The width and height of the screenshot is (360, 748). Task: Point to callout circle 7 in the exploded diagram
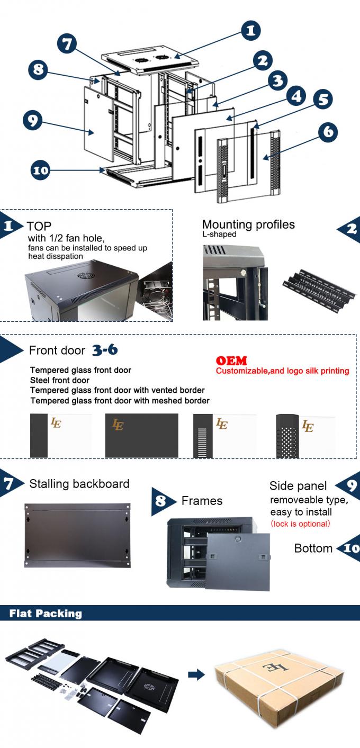click(x=67, y=44)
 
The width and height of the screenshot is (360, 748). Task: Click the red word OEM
click(x=231, y=361)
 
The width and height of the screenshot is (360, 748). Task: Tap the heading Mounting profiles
click(x=248, y=224)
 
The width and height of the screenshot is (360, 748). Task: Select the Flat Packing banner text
click(x=46, y=614)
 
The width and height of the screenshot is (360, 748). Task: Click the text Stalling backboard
click(x=79, y=483)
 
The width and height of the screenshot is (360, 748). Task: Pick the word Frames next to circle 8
click(x=202, y=501)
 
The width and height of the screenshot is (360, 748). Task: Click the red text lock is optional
click(x=300, y=524)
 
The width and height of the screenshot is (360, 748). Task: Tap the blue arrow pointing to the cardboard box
click(x=196, y=674)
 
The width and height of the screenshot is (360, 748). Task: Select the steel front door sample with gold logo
click(x=141, y=435)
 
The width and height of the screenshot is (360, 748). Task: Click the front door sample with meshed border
click(x=304, y=435)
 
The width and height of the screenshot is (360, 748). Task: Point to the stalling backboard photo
click(x=77, y=535)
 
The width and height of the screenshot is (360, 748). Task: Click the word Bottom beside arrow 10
click(x=313, y=548)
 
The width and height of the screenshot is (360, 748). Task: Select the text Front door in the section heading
click(x=57, y=350)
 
